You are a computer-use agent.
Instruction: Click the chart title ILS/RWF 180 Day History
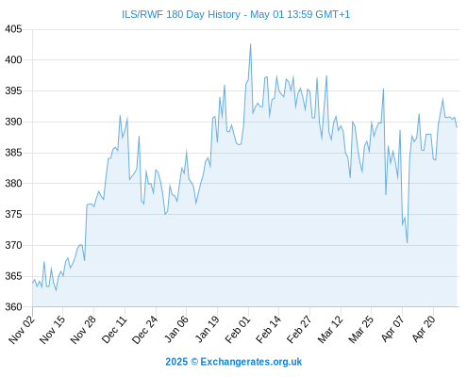(x=181, y=14)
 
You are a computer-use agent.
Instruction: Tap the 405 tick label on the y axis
(x=13, y=29)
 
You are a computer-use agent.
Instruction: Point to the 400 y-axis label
(x=13, y=59)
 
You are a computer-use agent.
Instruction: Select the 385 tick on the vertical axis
(x=13, y=153)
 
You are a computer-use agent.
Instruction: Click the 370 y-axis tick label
(x=13, y=245)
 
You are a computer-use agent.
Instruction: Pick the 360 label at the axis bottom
(x=13, y=306)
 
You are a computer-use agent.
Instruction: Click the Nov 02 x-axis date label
(x=21, y=329)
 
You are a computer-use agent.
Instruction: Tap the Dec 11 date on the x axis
(x=114, y=329)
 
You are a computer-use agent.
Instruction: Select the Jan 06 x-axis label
(x=176, y=329)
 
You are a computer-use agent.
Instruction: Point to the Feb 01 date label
(x=238, y=329)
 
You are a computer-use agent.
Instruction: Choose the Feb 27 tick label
(x=300, y=329)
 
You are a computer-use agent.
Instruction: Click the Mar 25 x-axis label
(x=361, y=329)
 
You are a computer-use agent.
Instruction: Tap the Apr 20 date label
(x=424, y=329)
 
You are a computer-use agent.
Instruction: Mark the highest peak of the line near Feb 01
(x=251, y=43)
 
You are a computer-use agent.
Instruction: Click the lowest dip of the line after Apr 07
(x=407, y=243)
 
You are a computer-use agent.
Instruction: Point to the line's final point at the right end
(x=457, y=127)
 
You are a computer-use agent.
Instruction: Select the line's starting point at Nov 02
(x=32, y=283)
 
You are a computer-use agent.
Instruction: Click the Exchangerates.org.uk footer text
(x=251, y=362)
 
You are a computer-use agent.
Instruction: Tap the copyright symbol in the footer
(x=194, y=362)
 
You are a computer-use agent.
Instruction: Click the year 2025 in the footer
(x=176, y=362)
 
